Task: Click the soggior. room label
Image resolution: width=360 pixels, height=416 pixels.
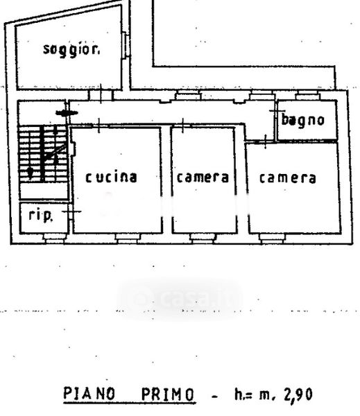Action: point(71,50)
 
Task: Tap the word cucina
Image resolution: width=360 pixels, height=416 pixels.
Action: point(111,177)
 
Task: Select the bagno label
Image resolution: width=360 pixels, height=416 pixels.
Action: point(302,120)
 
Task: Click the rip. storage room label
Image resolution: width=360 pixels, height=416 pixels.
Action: point(41,215)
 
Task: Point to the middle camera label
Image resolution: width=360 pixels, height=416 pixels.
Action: point(203,177)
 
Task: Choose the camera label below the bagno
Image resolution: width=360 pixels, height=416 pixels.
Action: point(288,178)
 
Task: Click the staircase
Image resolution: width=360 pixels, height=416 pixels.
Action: point(43,154)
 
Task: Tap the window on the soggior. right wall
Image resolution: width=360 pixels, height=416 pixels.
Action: point(126,46)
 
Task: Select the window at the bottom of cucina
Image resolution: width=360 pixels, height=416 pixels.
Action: point(128,238)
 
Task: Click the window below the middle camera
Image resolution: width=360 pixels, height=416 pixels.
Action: point(203,238)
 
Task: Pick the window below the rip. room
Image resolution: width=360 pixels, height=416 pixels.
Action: point(54,238)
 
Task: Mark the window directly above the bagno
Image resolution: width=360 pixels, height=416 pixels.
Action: point(307,95)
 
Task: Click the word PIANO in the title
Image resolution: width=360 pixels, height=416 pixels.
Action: point(89,394)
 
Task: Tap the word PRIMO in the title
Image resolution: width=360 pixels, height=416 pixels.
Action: point(168,395)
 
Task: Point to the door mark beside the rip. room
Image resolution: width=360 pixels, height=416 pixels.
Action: point(71,211)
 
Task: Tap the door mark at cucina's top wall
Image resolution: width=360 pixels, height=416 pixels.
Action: point(98,125)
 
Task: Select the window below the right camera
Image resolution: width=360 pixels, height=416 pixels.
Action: point(272,238)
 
